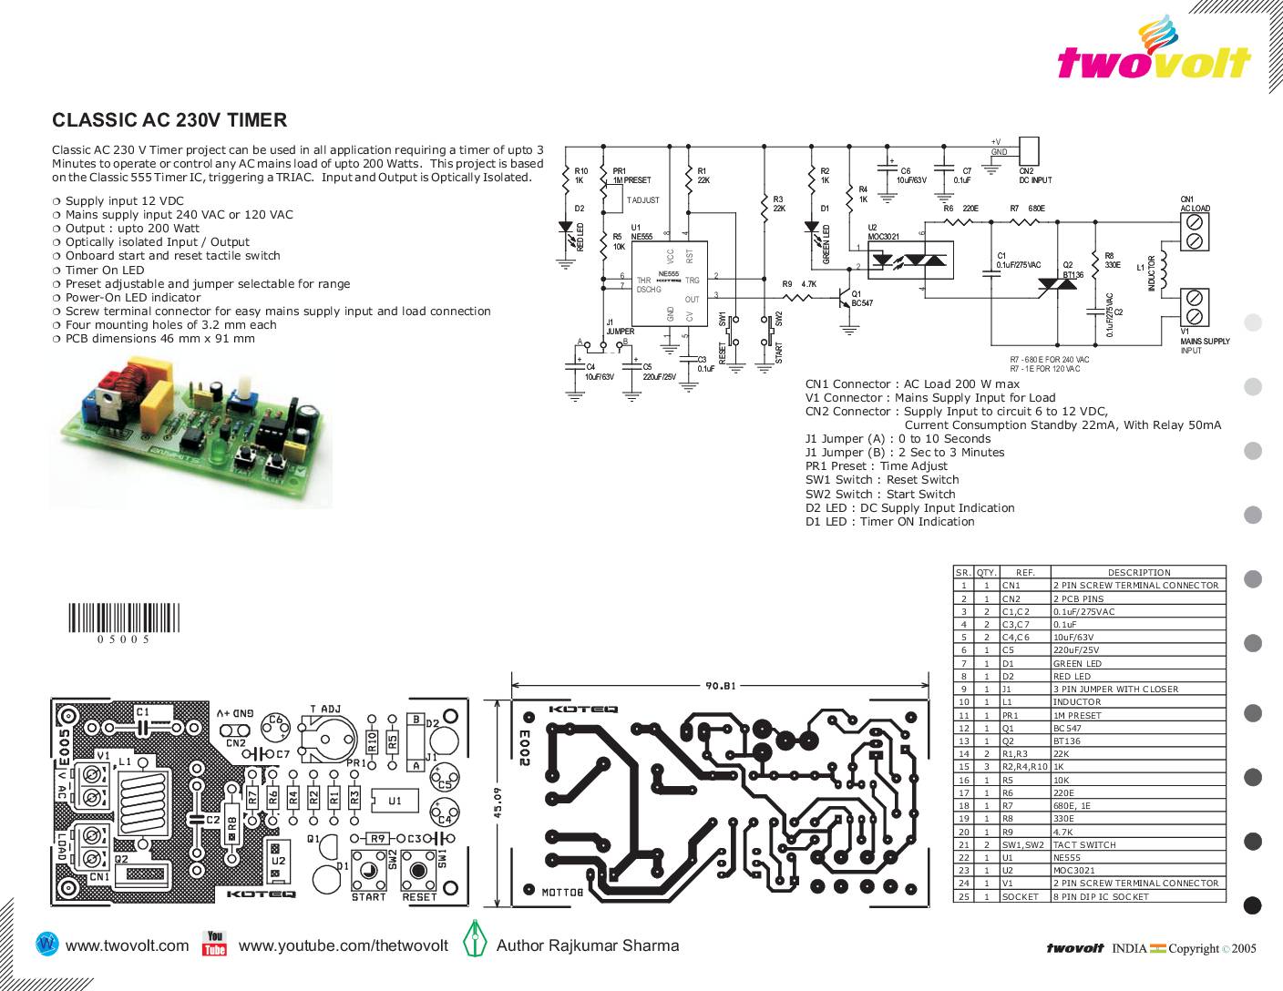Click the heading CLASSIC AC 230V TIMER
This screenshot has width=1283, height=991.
(x=169, y=120)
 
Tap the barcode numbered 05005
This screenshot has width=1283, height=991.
(x=124, y=619)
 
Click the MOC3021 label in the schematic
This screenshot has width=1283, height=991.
(x=883, y=237)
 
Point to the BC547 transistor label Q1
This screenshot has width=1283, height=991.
(x=861, y=302)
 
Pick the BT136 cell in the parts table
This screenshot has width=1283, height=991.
(x=1067, y=741)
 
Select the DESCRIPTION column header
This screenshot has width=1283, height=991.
(x=1138, y=573)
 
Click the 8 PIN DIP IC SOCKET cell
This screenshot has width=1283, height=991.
(x=1101, y=897)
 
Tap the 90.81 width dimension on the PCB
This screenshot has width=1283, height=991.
(x=721, y=686)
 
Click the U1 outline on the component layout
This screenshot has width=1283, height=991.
(x=395, y=801)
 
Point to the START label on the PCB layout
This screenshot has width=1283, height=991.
(x=369, y=897)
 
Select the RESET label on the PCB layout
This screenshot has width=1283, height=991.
(x=420, y=897)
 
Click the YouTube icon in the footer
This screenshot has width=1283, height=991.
(x=214, y=944)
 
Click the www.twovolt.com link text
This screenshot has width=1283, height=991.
(x=127, y=945)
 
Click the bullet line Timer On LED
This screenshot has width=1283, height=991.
(x=104, y=270)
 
